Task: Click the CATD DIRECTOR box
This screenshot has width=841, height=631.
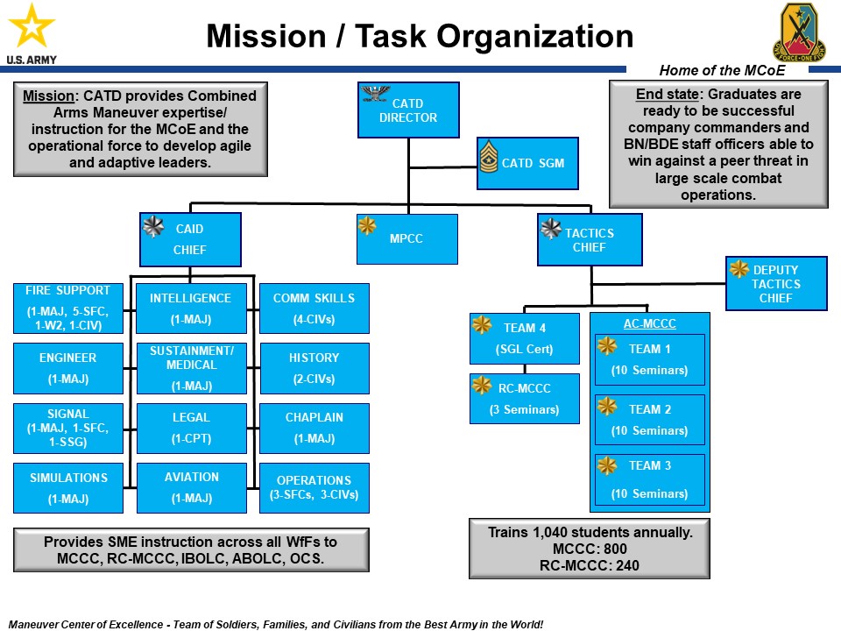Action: [x=408, y=110]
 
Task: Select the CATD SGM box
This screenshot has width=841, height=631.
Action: [x=527, y=163]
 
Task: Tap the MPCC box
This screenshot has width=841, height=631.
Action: [x=406, y=238]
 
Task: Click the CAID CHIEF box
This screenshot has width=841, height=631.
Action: [x=189, y=239]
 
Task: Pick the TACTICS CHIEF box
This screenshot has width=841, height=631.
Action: [x=590, y=239]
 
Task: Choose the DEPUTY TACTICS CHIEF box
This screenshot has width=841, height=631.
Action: [x=776, y=283]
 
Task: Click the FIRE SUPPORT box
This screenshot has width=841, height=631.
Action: [x=67, y=308]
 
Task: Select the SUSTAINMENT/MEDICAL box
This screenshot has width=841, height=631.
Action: [x=192, y=368]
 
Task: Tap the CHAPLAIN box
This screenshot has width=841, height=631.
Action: [x=314, y=428]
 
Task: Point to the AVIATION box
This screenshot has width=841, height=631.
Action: [x=192, y=487]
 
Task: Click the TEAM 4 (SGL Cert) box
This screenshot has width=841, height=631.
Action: [x=525, y=338]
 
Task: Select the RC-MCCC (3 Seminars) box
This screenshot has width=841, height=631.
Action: [x=525, y=398]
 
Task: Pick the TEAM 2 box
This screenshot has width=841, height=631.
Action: [x=649, y=419]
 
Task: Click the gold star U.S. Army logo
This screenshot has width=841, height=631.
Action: [x=32, y=28]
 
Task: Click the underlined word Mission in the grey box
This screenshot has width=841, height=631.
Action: [x=49, y=96]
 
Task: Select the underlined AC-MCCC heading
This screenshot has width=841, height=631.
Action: [x=649, y=323]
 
